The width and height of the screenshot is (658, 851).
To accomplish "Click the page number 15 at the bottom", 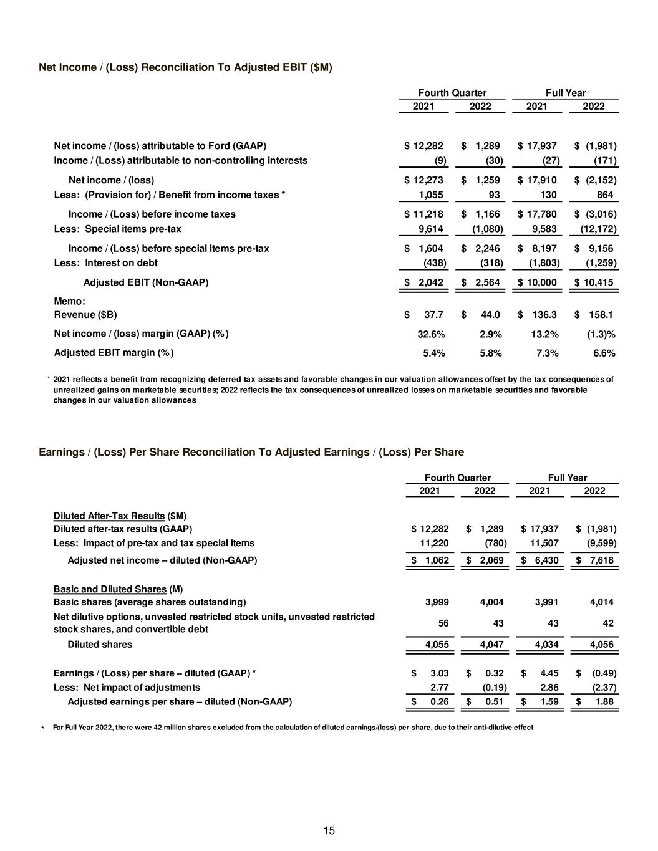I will [329, 830].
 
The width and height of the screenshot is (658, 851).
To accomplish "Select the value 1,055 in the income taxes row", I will [430, 195].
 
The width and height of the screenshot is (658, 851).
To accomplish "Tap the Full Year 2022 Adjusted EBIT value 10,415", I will [597, 282].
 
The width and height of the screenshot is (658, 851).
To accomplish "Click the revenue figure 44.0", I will [489, 315].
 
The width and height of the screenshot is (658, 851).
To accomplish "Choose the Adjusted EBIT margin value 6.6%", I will [604, 353].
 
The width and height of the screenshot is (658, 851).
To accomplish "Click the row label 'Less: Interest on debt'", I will [106, 262].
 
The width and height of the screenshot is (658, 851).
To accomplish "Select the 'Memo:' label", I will [70, 301].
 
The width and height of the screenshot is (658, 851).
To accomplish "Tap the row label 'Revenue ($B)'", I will [85, 315].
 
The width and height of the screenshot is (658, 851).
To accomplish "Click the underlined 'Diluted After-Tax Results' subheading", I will [109, 516].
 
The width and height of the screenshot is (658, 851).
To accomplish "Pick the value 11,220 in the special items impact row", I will [435, 543].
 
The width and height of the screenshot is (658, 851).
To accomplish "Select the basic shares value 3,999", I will [437, 602].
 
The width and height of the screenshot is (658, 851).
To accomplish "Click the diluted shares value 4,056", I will [601, 644].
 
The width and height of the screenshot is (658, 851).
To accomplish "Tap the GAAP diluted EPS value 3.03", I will [439, 673].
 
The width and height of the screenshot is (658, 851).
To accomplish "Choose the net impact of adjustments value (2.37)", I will [604, 688].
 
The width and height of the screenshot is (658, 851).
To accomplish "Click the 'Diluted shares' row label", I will [100, 644].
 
